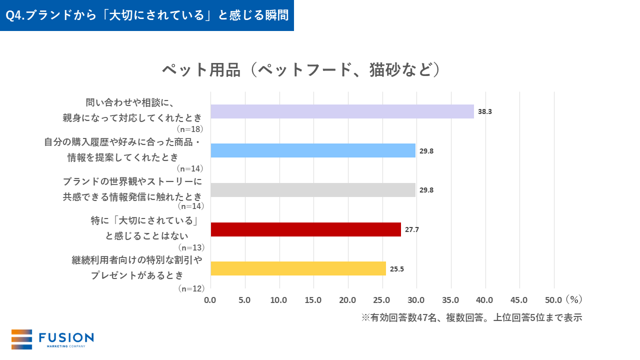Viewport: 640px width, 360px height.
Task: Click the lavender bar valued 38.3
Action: pos(342,111)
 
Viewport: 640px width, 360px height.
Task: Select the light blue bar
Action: pos(313,150)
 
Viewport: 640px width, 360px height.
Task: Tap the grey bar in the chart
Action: pos(313,190)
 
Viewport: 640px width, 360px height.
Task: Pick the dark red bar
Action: pos(305,229)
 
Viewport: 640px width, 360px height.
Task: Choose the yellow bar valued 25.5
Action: pos(298,268)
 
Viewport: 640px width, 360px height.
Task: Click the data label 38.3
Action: pos(485,111)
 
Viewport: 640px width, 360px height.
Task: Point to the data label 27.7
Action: pos(412,229)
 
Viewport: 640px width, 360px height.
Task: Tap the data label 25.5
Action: pos(397,268)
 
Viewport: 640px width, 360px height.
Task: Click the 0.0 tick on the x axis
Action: pos(210,300)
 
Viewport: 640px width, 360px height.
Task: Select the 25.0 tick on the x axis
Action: pos(382,300)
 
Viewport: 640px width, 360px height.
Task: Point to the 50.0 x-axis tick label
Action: pos(553,300)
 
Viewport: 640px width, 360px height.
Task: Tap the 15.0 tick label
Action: pos(313,300)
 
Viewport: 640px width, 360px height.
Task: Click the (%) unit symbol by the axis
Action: pos(574,299)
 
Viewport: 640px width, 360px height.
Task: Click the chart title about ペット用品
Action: pos(301,69)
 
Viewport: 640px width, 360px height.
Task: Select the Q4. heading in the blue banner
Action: pos(147,15)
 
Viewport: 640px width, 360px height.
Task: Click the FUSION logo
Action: pos(52,339)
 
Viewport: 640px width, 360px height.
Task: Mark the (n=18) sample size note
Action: pos(190,129)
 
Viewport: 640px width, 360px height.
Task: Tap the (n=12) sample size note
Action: pos(190,288)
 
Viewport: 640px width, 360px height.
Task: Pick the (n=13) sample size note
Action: pos(190,247)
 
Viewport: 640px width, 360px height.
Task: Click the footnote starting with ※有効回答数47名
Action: pos(471,317)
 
